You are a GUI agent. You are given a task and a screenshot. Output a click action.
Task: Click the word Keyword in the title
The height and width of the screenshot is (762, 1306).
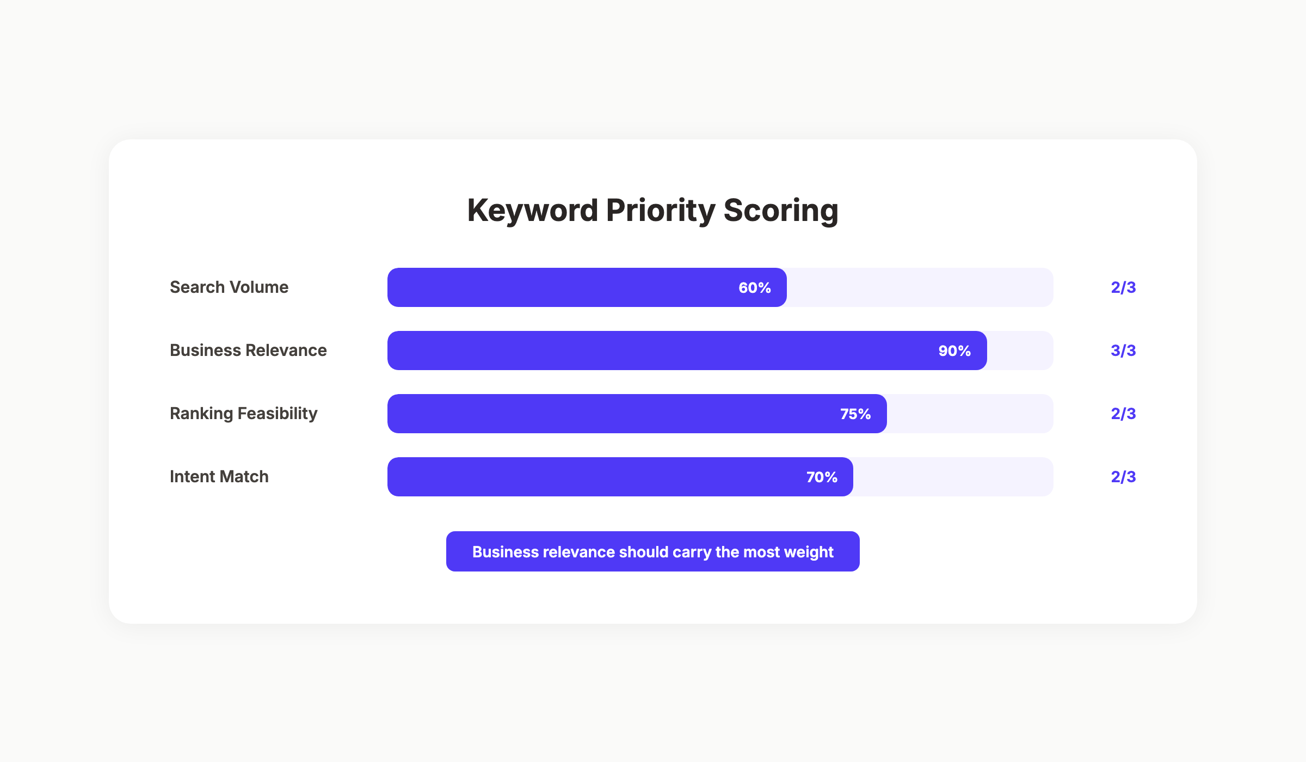click(x=532, y=211)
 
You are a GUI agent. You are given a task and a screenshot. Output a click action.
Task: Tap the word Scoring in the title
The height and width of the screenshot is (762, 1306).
click(x=781, y=211)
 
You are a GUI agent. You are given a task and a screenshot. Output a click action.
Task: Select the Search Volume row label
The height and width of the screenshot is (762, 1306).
click(x=229, y=287)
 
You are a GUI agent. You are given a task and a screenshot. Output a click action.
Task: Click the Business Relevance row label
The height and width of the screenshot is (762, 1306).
click(x=248, y=350)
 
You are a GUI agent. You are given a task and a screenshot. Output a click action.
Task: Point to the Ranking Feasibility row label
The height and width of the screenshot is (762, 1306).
click(x=243, y=414)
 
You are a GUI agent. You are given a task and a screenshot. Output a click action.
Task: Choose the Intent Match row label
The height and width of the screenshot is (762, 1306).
click(x=219, y=477)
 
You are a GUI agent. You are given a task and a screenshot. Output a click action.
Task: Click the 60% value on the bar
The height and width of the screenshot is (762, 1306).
click(x=754, y=287)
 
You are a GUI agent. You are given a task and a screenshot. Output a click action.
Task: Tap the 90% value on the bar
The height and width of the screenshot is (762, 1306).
click(x=954, y=351)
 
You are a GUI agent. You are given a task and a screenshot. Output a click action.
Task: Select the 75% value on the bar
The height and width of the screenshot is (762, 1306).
click(x=855, y=414)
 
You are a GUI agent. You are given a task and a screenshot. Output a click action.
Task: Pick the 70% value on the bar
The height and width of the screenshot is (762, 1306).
click(x=822, y=477)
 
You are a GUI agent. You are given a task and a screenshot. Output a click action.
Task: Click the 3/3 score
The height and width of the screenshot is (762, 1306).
click(x=1123, y=351)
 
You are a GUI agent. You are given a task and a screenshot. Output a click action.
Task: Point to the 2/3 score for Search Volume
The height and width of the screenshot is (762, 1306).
click(x=1123, y=287)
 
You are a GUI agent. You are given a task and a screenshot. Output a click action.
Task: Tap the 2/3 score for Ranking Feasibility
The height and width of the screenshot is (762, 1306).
click(x=1123, y=414)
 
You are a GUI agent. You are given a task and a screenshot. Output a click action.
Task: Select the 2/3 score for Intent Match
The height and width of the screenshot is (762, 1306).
click(x=1123, y=477)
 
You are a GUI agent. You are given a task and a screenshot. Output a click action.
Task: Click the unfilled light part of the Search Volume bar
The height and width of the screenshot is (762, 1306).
click(x=920, y=287)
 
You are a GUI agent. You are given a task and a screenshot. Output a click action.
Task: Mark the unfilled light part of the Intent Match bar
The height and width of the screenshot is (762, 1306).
click(x=952, y=477)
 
